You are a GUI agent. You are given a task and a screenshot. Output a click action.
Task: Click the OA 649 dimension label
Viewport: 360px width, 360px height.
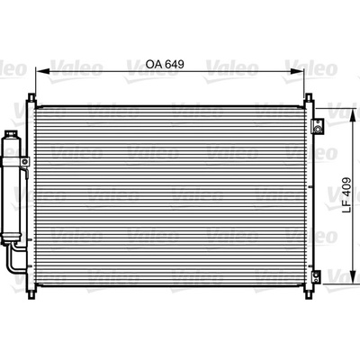[165, 64]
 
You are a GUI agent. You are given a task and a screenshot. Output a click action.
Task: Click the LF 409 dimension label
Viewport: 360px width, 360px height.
[346, 195]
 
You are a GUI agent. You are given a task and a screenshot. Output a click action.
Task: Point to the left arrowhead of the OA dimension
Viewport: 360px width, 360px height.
[42, 71]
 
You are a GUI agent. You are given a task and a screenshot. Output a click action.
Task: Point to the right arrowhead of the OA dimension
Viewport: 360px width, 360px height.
[297, 71]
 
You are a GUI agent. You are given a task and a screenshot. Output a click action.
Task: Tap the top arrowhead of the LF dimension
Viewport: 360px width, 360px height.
[355, 114]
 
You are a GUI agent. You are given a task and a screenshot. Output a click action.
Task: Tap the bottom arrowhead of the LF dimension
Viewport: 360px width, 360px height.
[355, 277]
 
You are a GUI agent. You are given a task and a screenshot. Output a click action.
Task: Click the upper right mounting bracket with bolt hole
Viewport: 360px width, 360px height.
[317, 126]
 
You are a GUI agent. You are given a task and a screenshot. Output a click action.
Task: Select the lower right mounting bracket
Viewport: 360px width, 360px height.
[316, 276]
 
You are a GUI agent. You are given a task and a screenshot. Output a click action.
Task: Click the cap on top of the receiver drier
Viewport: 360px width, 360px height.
[12, 133]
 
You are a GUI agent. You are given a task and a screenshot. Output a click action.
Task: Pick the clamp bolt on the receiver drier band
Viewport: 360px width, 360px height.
[25, 161]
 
